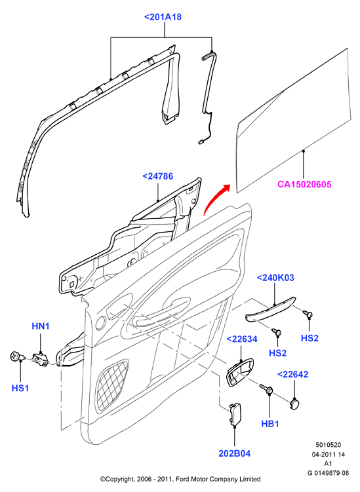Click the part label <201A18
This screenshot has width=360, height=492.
163,16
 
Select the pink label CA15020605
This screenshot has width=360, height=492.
304,184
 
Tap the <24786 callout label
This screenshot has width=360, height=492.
157,176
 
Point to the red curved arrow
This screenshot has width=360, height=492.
216,199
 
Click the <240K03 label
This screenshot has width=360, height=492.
275,278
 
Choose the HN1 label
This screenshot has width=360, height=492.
41,326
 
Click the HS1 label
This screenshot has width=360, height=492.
20,388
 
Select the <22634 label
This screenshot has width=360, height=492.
241,339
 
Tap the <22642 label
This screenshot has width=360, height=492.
292,374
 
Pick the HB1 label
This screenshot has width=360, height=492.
270,424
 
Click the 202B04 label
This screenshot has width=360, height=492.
235,453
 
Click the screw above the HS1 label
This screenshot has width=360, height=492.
18,356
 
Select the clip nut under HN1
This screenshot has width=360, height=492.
40,360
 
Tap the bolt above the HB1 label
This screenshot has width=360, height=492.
266,388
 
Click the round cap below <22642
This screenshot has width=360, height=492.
294,404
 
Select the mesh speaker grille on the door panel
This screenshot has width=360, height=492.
112,386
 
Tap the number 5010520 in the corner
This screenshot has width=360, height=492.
329,445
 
